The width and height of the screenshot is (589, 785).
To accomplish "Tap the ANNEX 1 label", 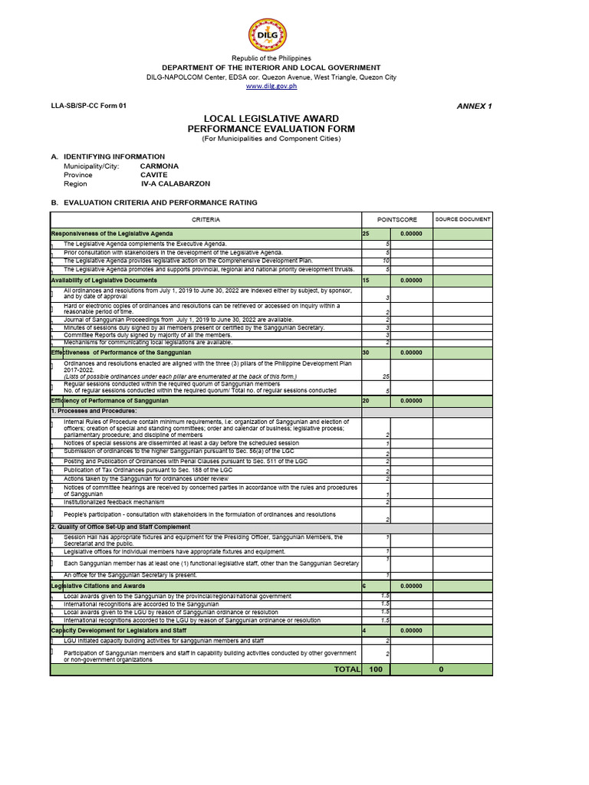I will tap(473, 106).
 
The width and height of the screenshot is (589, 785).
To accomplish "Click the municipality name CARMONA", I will tap(160, 166).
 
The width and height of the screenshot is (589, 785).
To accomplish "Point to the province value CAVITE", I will tap(153, 175).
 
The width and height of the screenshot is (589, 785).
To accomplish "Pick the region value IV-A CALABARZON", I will tap(176, 184).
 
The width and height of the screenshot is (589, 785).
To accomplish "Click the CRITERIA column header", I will tap(206, 220).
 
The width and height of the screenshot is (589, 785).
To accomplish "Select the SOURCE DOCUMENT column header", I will tap(462, 219).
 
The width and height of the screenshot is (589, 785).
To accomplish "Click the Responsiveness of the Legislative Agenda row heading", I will tap(112, 233).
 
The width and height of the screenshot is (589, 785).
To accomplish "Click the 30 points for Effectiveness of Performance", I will tap(366, 353).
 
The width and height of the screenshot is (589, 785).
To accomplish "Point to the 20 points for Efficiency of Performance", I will tap(366, 401).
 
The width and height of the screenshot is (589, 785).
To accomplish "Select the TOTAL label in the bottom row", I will tap(347, 669).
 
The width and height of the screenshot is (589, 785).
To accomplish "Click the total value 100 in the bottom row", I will tap(376, 669).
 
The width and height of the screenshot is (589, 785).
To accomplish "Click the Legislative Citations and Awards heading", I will tap(100, 586).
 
